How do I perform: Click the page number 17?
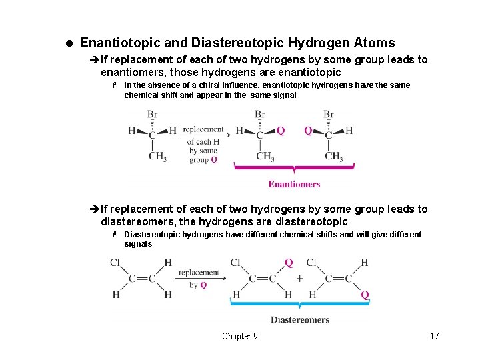click(x=435, y=336)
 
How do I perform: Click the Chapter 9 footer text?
click(x=239, y=336)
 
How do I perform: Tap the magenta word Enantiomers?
click(x=294, y=184)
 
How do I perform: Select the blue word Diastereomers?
click(x=300, y=320)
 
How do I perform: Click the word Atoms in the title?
click(x=373, y=43)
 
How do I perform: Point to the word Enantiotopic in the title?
click(x=120, y=43)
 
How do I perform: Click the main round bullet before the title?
click(x=69, y=43)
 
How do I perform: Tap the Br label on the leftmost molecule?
click(x=152, y=115)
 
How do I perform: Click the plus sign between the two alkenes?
click(x=299, y=279)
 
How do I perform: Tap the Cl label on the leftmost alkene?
click(x=115, y=263)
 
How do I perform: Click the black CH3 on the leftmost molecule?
click(x=157, y=157)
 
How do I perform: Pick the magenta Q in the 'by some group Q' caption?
click(x=213, y=160)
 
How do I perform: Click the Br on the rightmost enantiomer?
click(x=329, y=115)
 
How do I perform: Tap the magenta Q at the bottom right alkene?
click(x=365, y=295)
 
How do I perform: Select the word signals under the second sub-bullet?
click(x=138, y=244)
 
